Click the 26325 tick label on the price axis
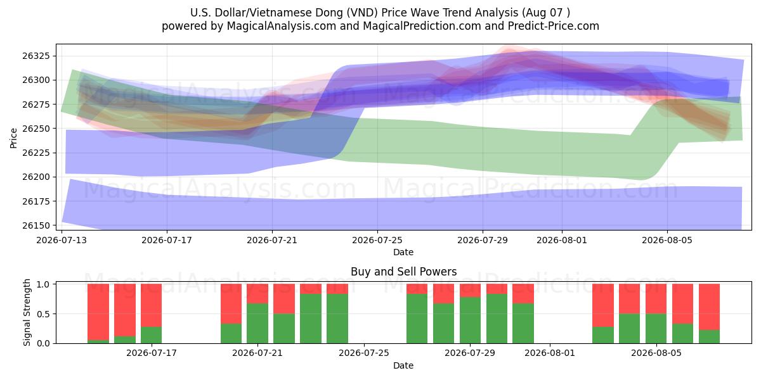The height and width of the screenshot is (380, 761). [x=36, y=56]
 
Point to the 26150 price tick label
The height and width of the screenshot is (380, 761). [x=36, y=225]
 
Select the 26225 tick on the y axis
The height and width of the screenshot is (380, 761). [x=36, y=153]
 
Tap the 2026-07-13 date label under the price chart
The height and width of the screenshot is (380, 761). [x=62, y=240]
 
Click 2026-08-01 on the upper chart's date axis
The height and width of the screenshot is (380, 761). [x=562, y=240]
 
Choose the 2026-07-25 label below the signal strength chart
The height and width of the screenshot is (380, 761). [x=364, y=353]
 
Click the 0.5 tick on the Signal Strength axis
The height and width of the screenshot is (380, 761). [x=44, y=314]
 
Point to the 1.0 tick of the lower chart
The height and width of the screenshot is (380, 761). [x=44, y=284]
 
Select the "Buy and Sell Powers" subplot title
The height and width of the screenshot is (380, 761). [x=403, y=272]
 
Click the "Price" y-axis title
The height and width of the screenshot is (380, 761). [x=13, y=138]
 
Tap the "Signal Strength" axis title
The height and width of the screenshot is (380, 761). [x=27, y=312]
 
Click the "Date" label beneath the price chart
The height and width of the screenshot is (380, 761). [x=403, y=253]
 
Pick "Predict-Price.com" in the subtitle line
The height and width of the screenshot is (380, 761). [x=554, y=26]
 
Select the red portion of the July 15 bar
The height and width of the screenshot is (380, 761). [x=125, y=310]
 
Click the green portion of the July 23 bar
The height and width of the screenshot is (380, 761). [x=311, y=319]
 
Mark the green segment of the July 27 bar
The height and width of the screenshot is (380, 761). [x=417, y=319]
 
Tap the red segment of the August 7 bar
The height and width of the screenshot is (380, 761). [x=710, y=307]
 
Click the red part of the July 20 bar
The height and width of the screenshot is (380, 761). [x=231, y=304]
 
